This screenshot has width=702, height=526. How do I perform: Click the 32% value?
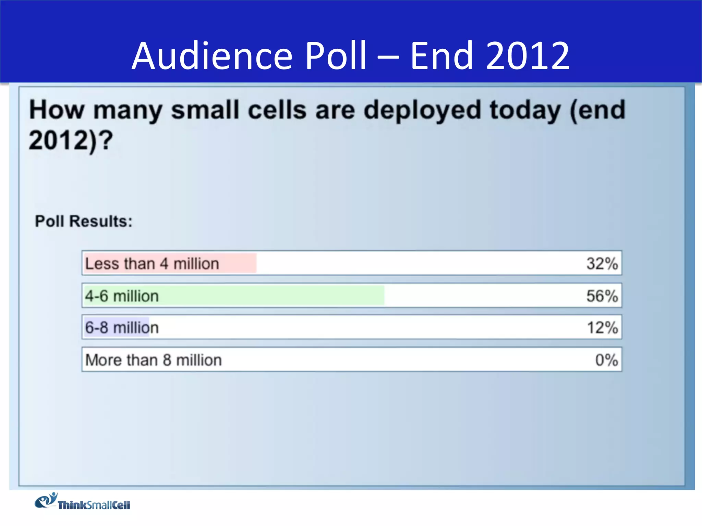coord(602,264)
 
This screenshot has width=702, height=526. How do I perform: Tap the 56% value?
coord(602,296)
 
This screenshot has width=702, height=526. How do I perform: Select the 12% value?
coord(602,328)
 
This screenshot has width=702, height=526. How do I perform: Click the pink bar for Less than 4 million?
coord(237,263)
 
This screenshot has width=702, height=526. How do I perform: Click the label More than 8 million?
coord(154,360)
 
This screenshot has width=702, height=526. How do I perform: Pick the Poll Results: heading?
coord(84,221)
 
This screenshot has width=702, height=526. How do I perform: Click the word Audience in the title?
coord(212,56)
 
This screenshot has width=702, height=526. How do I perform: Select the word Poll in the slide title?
coord(336,56)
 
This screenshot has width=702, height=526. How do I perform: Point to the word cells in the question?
coord(277,110)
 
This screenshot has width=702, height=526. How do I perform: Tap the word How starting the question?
coord(57,110)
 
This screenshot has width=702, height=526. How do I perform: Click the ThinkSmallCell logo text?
coord(94,505)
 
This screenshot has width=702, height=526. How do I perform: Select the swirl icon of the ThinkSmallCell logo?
coord(46,500)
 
